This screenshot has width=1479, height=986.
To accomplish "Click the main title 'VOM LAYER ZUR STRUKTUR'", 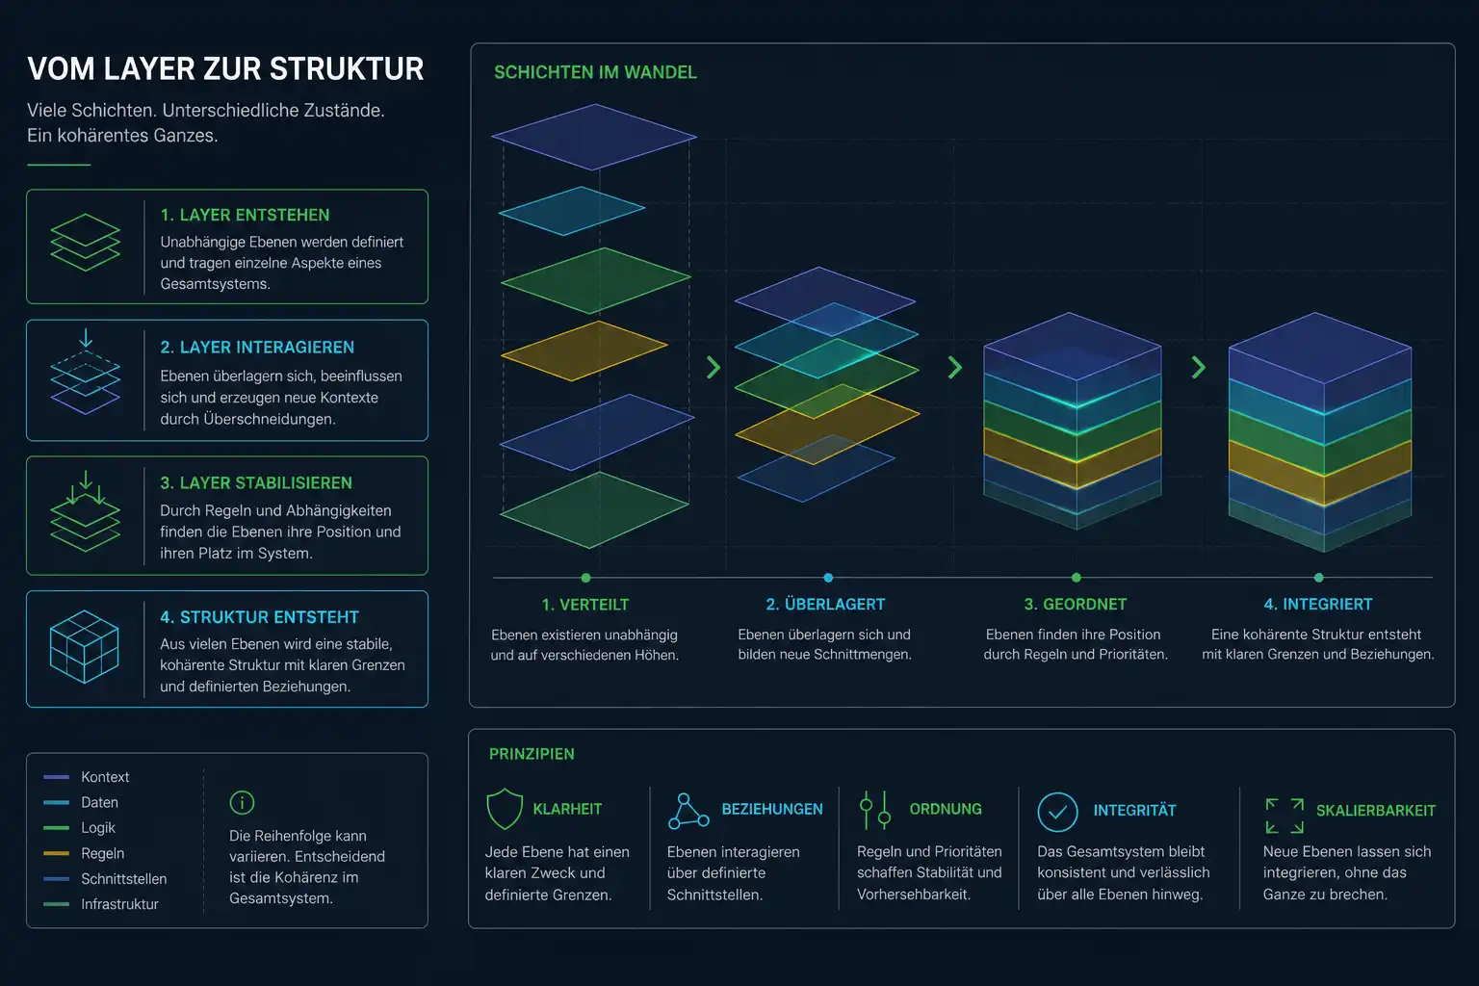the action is [x=225, y=69].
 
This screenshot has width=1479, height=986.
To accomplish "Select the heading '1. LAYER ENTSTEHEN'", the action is [x=245, y=216].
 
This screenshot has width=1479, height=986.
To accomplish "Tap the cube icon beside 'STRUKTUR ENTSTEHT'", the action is [x=85, y=646].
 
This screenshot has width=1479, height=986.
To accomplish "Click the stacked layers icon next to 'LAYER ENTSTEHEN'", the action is [x=85, y=243].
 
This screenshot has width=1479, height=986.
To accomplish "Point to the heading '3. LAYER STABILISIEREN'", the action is [x=256, y=483].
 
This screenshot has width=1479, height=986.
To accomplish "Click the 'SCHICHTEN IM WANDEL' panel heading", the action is [x=596, y=72].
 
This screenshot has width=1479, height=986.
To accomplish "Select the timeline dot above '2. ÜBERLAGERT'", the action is [x=828, y=578].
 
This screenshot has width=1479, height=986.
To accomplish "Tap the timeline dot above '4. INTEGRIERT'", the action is [x=1318, y=578].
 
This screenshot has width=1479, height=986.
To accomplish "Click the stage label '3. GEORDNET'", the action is [x=1076, y=605].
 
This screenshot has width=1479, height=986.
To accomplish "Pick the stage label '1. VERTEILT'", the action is [x=585, y=605].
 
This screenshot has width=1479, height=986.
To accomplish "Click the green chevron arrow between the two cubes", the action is [x=1199, y=367].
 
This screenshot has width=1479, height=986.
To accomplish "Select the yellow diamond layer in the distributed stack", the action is [x=584, y=350].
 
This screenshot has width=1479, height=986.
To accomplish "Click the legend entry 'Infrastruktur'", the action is [x=119, y=904].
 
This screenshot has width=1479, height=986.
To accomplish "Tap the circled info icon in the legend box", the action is [x=242, y=803].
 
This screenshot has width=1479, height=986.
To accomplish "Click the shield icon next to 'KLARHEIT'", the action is [x=505, y=809].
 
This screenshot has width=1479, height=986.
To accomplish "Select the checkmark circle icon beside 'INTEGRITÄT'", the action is [x=1057, y=812].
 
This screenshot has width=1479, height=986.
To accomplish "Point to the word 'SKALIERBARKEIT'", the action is [x=1376, y=811].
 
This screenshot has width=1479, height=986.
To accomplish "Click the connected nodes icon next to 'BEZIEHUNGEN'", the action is [x=688, y=811].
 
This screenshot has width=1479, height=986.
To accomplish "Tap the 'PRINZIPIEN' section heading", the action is [x=532, y=754].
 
